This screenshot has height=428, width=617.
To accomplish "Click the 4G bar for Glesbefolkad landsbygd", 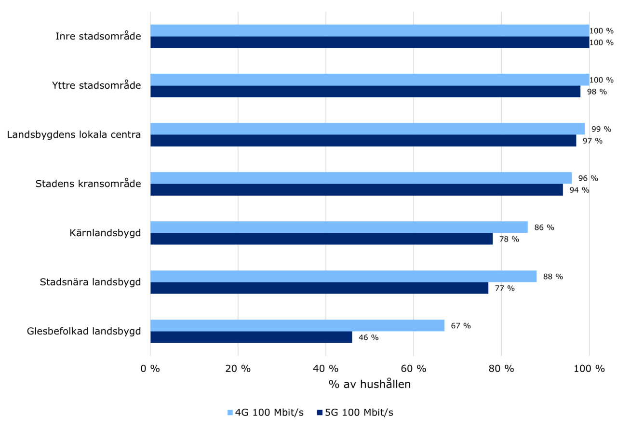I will point(297,326).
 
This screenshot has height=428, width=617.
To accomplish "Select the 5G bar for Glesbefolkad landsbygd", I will point(251,337).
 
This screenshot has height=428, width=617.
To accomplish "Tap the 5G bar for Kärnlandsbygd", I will point(322,239).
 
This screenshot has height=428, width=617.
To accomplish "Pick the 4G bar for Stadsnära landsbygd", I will point(343,277).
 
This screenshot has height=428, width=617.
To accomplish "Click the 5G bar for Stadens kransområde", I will point(357,190).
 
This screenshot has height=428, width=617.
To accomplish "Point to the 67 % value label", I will point(460,326).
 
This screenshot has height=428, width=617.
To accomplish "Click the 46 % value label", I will point(368,337).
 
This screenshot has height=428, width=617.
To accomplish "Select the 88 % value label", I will point(552,277).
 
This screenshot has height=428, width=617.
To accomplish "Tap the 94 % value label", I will point(579,190).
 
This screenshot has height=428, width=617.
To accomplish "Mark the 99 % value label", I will point(601,129).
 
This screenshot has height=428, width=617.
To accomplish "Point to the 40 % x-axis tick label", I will point(325,369).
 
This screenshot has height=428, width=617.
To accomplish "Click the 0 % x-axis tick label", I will point(150,369).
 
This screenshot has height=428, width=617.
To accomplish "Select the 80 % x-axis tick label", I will point(501,369).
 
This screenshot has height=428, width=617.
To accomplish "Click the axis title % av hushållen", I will point(370,385).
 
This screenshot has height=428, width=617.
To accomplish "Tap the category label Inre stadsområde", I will point(98,36).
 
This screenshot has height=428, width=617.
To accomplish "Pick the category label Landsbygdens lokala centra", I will point(74,134).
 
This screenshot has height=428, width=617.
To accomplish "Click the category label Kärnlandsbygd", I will point(105,233).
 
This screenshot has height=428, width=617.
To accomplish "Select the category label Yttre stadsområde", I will point(96,86).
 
